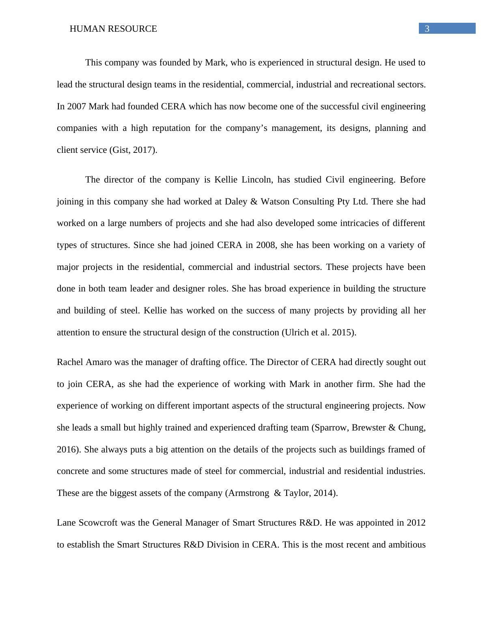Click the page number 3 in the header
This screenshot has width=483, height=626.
(427, 28)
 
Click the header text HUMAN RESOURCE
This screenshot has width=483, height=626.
(113, 29)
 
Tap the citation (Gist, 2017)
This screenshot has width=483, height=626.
(133, 150)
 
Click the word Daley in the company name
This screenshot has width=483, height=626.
(235, 202)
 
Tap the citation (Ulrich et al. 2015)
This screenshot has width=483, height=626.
(319, 333)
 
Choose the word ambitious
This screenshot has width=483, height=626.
(406, 545)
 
